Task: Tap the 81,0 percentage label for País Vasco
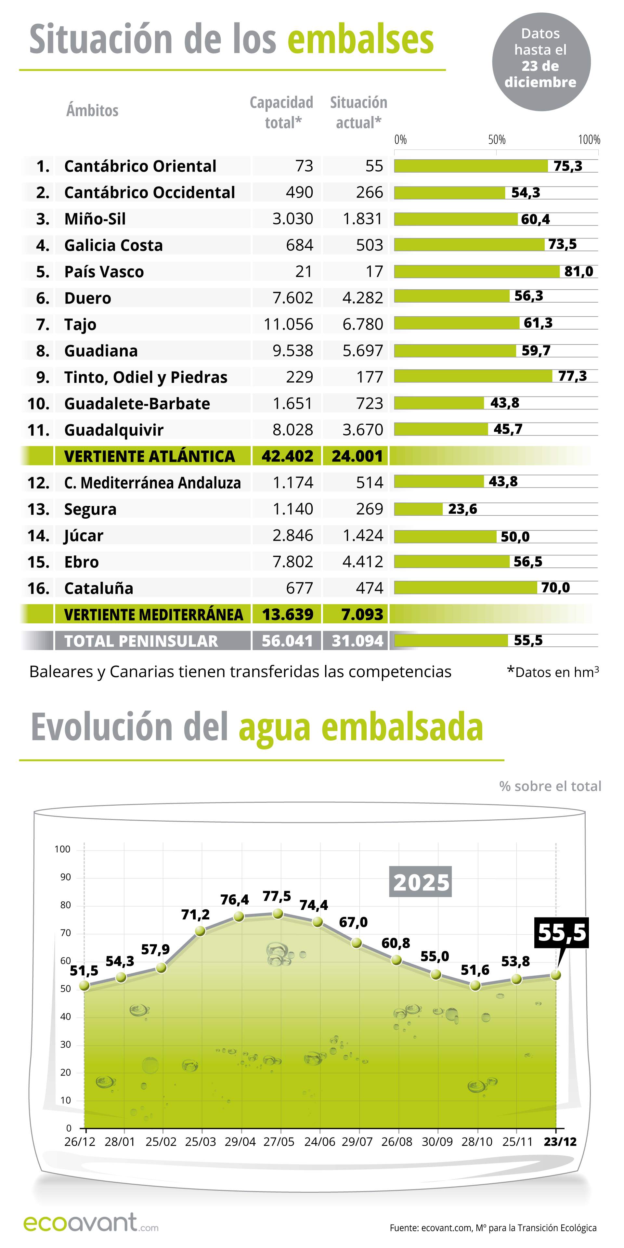[578, 271]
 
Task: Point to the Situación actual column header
[358, 112]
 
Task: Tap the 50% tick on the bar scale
[497, 140]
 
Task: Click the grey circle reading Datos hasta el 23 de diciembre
[541, 61]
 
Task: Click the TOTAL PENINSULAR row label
[141, 641]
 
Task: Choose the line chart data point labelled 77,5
[278, 914]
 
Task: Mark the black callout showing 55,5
[562, 933]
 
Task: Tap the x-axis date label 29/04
[240, 1142]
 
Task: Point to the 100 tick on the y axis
[62, 849]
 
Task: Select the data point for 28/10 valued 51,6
[475, 985]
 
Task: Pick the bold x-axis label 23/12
[560, 1142]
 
